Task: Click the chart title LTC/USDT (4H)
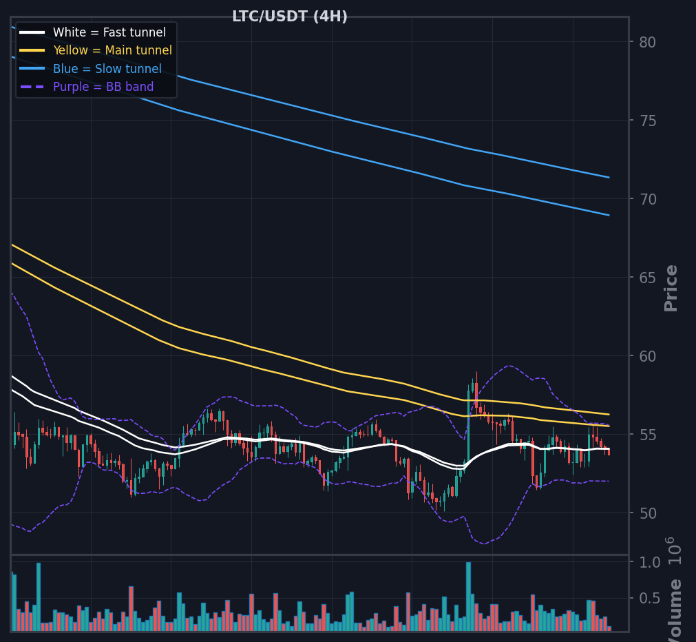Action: [x=290, y=17]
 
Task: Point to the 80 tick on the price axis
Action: [x=648, y=42]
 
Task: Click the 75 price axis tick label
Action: [x=648, y=121]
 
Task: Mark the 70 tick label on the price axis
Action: [x=648, y=200]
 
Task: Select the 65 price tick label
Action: [x=648, y=278]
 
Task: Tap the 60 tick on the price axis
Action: [x=648, y=356]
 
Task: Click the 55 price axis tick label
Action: [x=648, y=435]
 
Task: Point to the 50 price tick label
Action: [x=648, y=514]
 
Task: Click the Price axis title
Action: [x=671, y=288]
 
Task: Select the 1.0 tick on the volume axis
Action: [x=650, y=563]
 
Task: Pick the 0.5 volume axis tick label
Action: [x=650, y=599]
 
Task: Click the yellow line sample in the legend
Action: [x=32, y=50]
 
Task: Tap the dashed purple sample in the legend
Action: [x=32, y=87]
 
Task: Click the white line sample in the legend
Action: [x=32, y=32]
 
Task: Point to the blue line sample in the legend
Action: [x=32, y=68]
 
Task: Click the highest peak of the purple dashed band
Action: [x=12, y=293]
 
